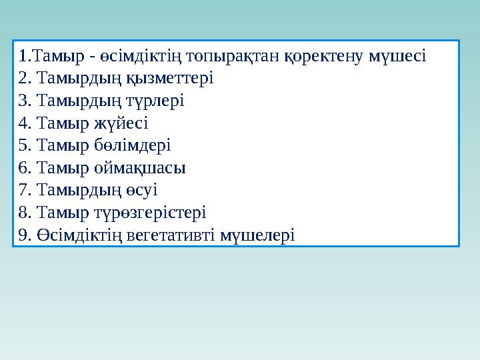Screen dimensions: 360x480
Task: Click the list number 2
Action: (x=24, y=78)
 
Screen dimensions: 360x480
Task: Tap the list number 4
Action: (x=24, y=123)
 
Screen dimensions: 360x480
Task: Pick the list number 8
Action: (x=24, y=213)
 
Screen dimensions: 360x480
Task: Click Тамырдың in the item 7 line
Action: (x=80, y=191)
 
